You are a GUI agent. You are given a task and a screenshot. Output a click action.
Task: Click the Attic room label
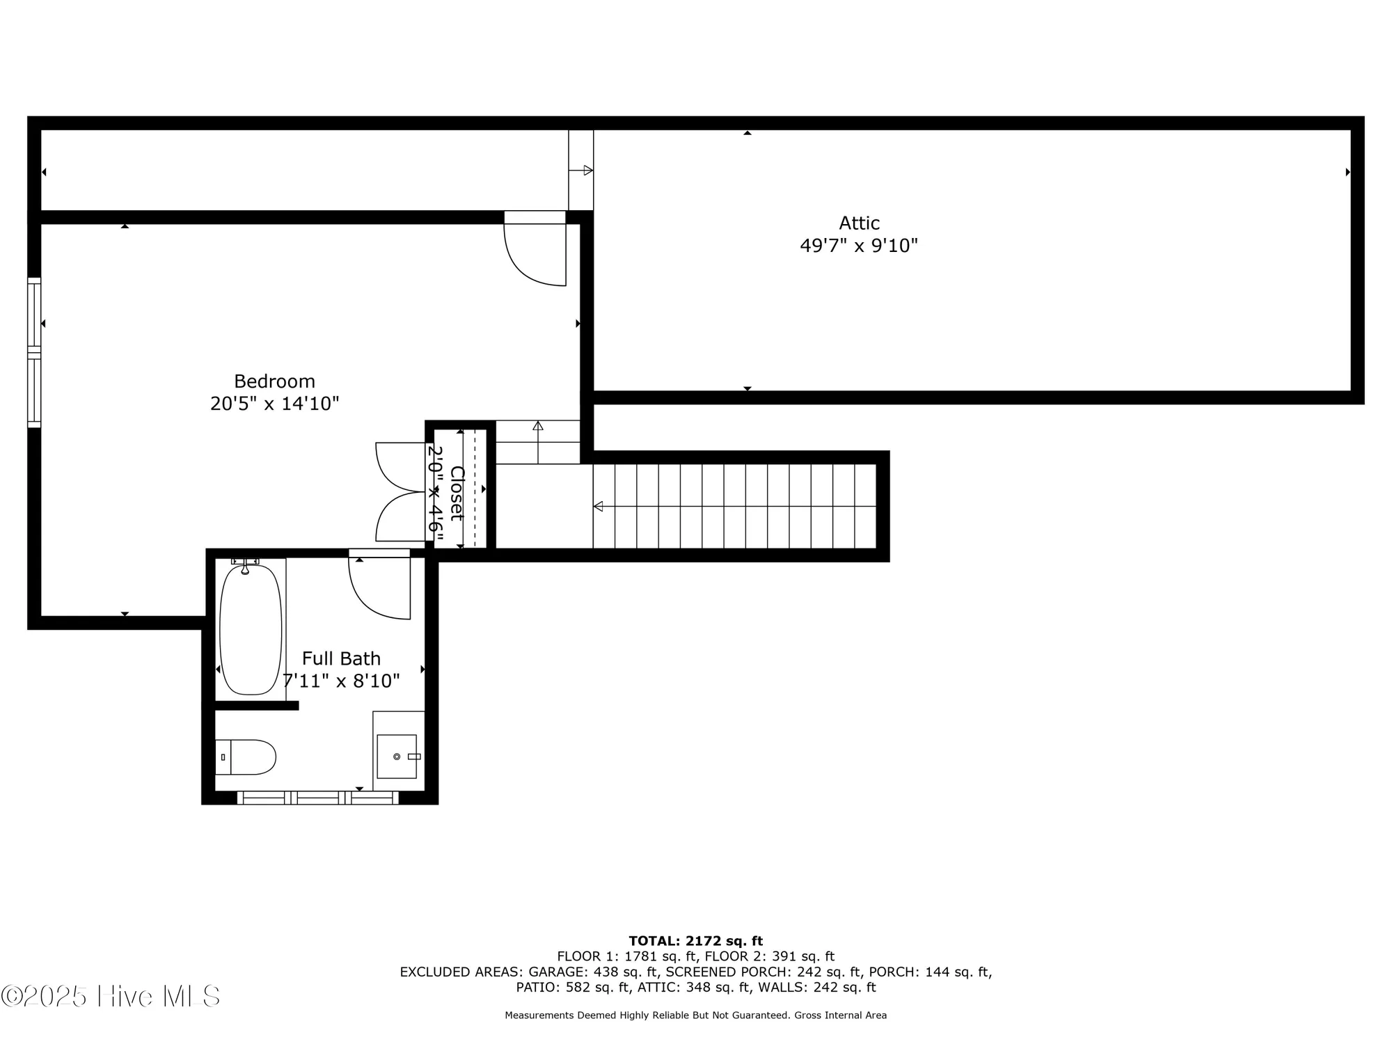[859, 223]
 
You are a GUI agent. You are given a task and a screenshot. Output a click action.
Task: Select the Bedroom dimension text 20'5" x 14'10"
[274, 404]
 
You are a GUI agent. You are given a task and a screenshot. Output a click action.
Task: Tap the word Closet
[457, 493]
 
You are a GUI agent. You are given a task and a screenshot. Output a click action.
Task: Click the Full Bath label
[341, 658]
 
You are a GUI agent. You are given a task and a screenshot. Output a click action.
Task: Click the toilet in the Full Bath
[247, 757]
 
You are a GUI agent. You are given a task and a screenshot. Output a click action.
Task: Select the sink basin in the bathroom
[397, 757]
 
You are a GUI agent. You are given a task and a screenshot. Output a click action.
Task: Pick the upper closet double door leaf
[399, 466]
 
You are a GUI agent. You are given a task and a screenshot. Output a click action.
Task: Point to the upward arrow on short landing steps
[538, 427]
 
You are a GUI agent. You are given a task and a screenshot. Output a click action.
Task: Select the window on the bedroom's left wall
[34, 352]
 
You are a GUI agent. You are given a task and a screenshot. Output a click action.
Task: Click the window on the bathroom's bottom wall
[318, 798]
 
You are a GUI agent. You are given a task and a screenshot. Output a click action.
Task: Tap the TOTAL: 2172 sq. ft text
[695, 941]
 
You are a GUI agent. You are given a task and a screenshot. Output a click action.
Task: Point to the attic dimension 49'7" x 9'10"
[859, 246]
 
